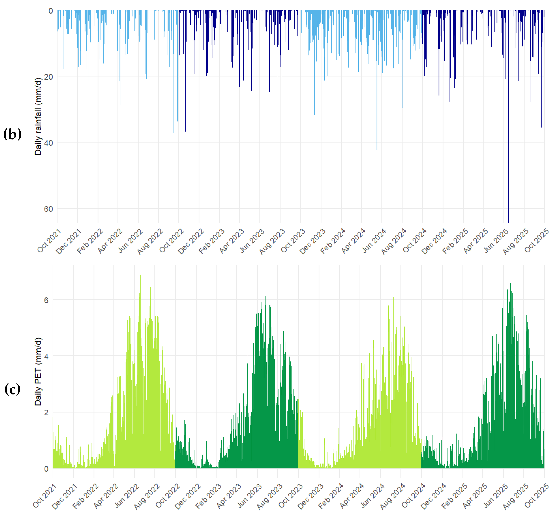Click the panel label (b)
tap(12, 134)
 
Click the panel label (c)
tap(12, 389)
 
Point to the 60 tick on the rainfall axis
tap(48, 209)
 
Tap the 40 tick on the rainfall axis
tap(48, 143)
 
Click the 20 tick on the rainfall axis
tap(48, 77)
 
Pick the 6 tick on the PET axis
tap(46, 300)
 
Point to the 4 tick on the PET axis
tap(46, 356)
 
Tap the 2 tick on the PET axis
tap(46, 412)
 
